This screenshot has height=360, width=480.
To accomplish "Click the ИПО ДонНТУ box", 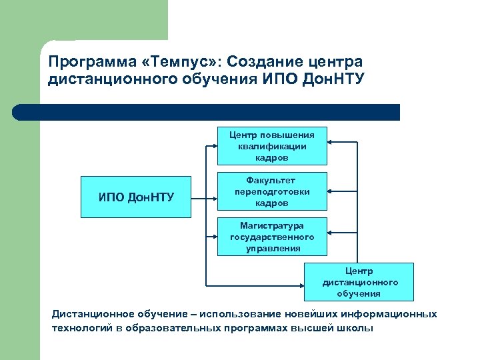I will pos(136,197).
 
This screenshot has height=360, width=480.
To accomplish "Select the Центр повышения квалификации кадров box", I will pos(272,145).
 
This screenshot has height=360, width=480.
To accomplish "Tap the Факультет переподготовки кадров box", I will pos(272,191).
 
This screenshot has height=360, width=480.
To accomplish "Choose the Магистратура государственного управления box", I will pos(272,237).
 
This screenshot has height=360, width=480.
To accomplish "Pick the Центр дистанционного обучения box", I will pos(359,282).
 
